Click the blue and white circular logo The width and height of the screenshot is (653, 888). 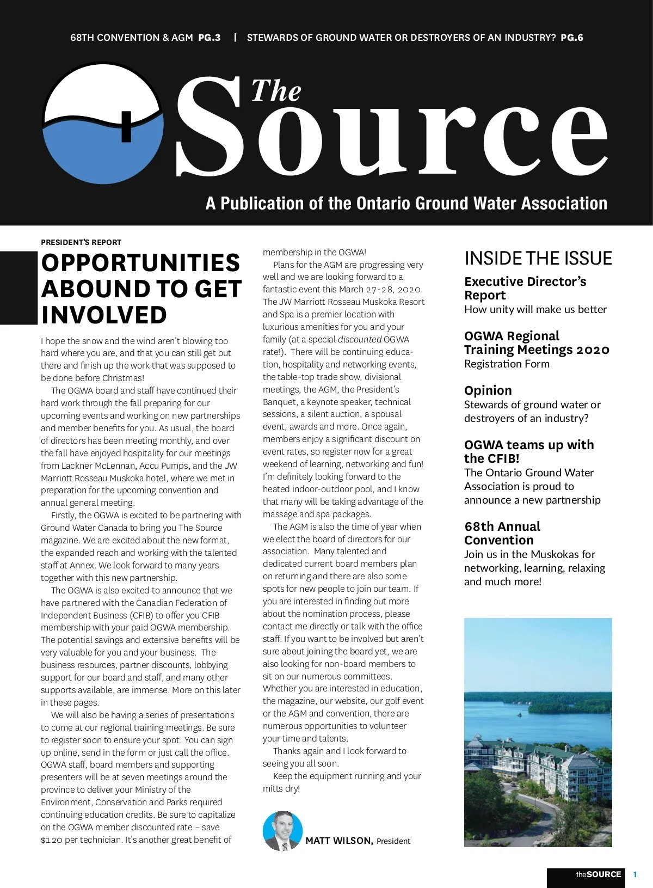click(103, 123)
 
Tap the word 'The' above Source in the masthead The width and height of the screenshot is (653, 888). click(276, 91)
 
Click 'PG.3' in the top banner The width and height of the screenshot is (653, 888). click(210, 38)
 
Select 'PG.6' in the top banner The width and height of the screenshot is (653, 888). click(572, 38)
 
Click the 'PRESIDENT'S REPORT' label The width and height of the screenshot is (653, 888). click(81, 242)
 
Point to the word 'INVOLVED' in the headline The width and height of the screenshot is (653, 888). click(104, 315)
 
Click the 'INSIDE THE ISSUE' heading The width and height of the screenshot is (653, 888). click(538, 258)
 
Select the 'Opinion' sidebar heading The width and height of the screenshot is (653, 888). click(488, 390)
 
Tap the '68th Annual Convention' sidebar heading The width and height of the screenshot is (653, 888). click(502, 533)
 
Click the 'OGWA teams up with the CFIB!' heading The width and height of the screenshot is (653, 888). click(529, 451)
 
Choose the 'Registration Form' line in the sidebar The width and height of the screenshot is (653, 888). click(507, 364)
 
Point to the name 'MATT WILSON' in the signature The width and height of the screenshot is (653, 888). click(339, 841)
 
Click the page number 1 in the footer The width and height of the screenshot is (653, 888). click(635, 874)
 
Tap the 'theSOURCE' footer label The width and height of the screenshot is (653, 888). click(599, 874)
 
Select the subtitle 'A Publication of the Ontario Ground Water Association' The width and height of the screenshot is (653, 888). click(406, 203)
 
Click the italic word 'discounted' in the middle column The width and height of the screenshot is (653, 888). click(359, 339)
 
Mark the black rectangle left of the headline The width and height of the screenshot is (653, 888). click(19, 287)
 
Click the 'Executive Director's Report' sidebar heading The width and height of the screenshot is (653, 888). click(525, 288)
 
